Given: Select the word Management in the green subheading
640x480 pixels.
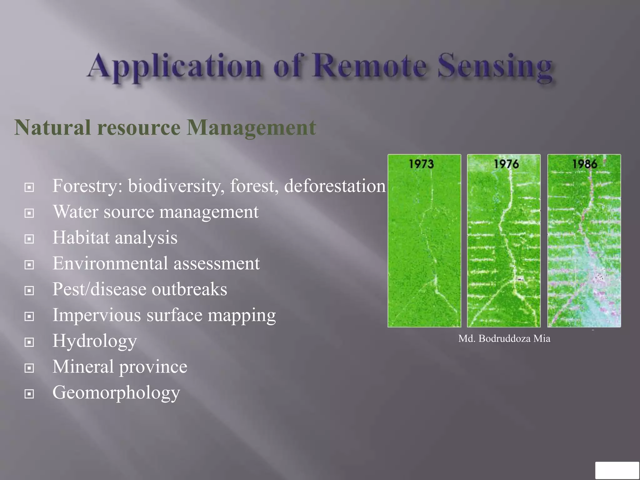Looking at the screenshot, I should pos(251,128).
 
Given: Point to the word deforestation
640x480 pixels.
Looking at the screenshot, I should pos(335,186).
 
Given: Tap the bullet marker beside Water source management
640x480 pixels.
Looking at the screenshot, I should pos(29,213).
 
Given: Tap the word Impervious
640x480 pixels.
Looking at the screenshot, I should pos(97,315).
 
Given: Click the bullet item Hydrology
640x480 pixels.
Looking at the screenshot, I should pos(94,341).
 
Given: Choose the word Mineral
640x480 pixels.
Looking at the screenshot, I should pos(83,367).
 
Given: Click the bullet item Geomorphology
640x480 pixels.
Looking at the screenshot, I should pos(116,393).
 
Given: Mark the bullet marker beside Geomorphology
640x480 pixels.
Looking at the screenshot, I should pos(29,394).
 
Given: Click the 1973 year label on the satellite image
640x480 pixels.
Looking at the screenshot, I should pos(421,164).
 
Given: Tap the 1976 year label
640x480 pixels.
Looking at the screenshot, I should pos(506,164).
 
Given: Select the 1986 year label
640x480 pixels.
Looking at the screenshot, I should pos(585,164).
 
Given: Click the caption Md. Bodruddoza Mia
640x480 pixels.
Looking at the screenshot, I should pos(504,339).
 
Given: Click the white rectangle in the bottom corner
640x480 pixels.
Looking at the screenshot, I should pos(617,470).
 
